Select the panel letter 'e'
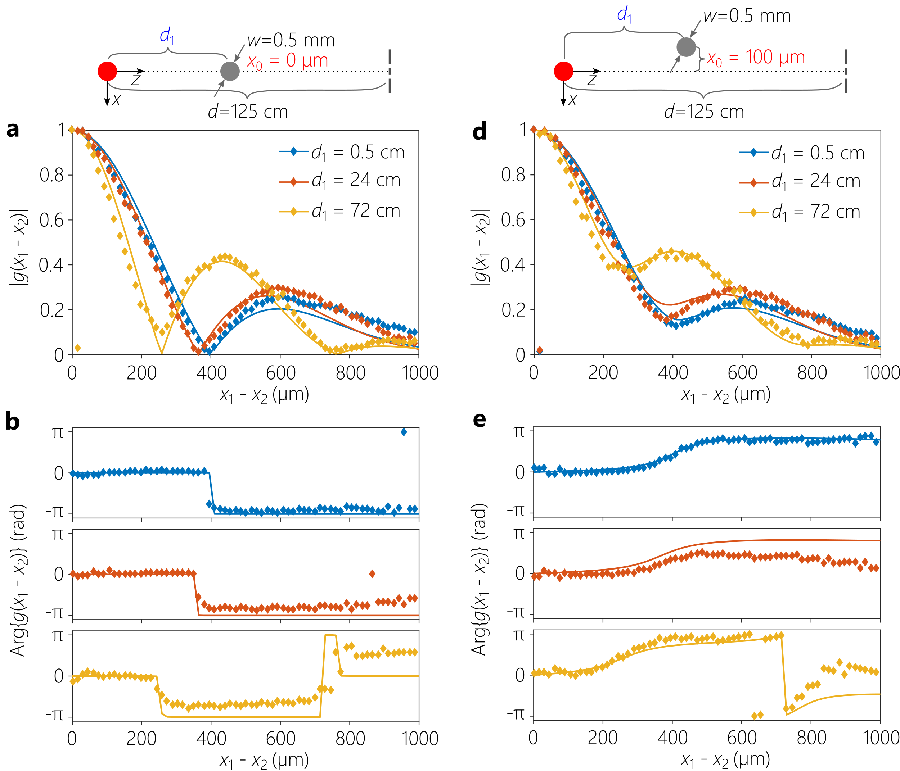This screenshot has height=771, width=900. pos(479,419)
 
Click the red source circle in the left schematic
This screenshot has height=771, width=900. pos(107,71)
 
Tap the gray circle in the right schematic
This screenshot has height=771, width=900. pos(686,47)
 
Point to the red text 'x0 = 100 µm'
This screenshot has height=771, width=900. pos(756,58)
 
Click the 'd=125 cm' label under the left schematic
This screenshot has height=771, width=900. pos(248,112)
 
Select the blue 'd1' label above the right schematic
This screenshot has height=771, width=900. pos(624,15)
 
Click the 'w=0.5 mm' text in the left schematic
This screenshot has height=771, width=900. pos(291,40)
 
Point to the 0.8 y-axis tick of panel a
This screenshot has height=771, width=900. pos(52,175)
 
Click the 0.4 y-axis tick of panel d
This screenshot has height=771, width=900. pos(513,265)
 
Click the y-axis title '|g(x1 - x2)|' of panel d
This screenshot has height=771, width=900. pos(480,246)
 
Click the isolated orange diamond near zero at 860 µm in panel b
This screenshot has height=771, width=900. pos(372,574)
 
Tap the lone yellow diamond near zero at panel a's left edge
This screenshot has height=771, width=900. pos(77,348)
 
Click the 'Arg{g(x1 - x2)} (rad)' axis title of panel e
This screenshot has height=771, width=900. pos(479,579)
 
